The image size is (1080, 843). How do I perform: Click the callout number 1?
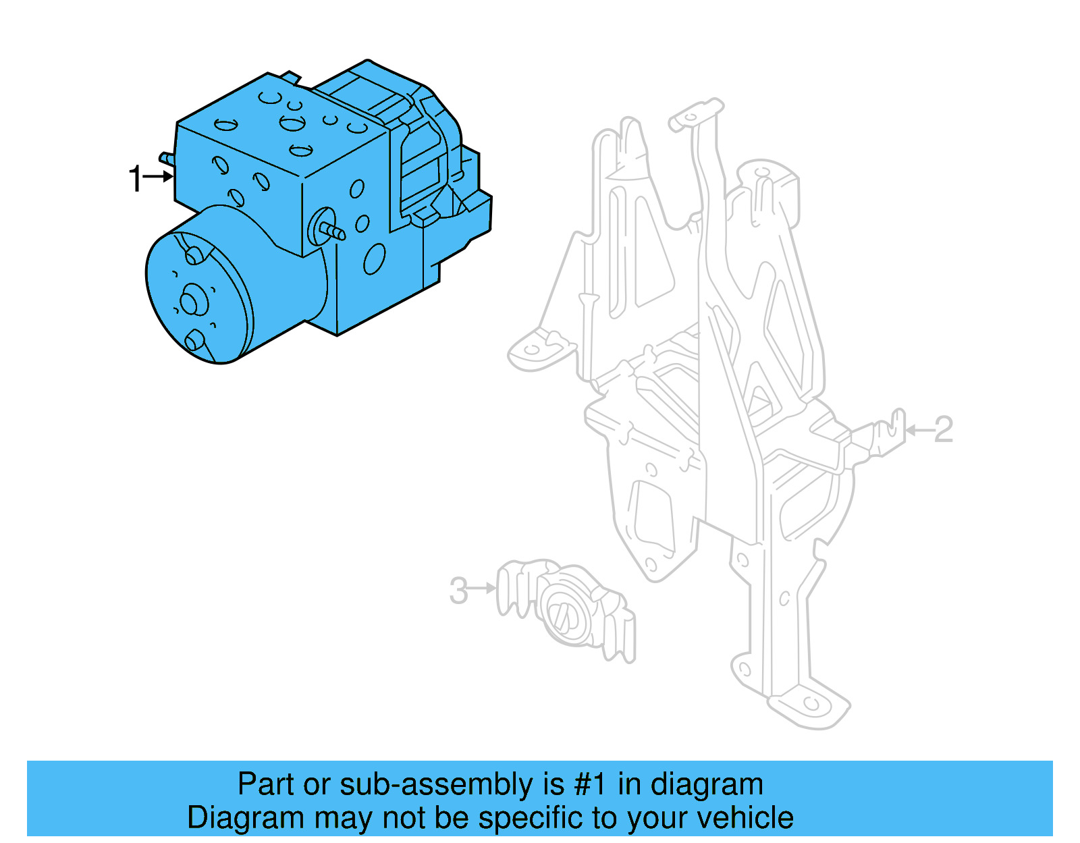coord(136,179)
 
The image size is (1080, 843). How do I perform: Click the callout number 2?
coord(943,430)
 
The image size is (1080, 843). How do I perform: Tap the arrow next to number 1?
coord(159,177)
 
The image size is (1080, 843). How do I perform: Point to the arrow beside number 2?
coord(919,430)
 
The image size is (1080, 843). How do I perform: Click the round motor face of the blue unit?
coord(196,297)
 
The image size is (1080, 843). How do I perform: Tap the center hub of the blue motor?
coord(190,301)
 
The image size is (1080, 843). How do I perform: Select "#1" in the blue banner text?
coord(590,785)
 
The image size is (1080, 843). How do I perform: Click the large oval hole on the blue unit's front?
coord(374,259)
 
